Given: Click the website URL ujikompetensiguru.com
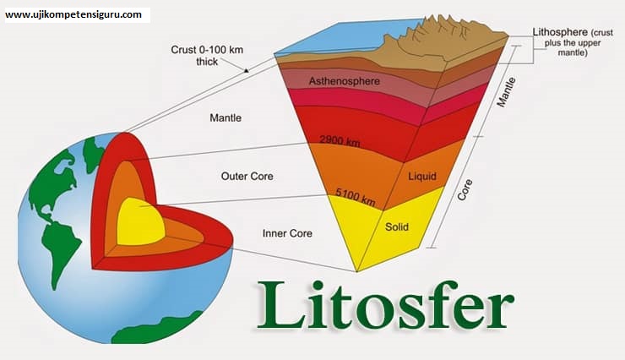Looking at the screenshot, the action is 73,14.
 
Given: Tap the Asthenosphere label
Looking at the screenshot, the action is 345,81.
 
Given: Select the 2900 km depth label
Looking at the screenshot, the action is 340,141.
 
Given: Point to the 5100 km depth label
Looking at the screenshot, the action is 355,197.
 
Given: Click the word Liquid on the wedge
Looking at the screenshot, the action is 422,177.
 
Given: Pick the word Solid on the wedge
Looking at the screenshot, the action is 397,226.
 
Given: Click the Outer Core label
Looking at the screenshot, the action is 247,177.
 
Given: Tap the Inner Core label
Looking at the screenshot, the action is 287,233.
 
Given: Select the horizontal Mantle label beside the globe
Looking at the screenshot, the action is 226,117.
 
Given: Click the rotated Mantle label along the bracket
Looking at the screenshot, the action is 506,92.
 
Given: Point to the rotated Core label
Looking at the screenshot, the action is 465,189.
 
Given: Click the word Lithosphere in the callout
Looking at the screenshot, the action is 560,32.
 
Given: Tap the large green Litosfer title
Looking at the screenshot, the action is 385,306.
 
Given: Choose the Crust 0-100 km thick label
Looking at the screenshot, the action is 207,56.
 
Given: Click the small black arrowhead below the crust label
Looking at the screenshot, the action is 247,70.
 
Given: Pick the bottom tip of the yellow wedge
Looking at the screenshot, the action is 357,271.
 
